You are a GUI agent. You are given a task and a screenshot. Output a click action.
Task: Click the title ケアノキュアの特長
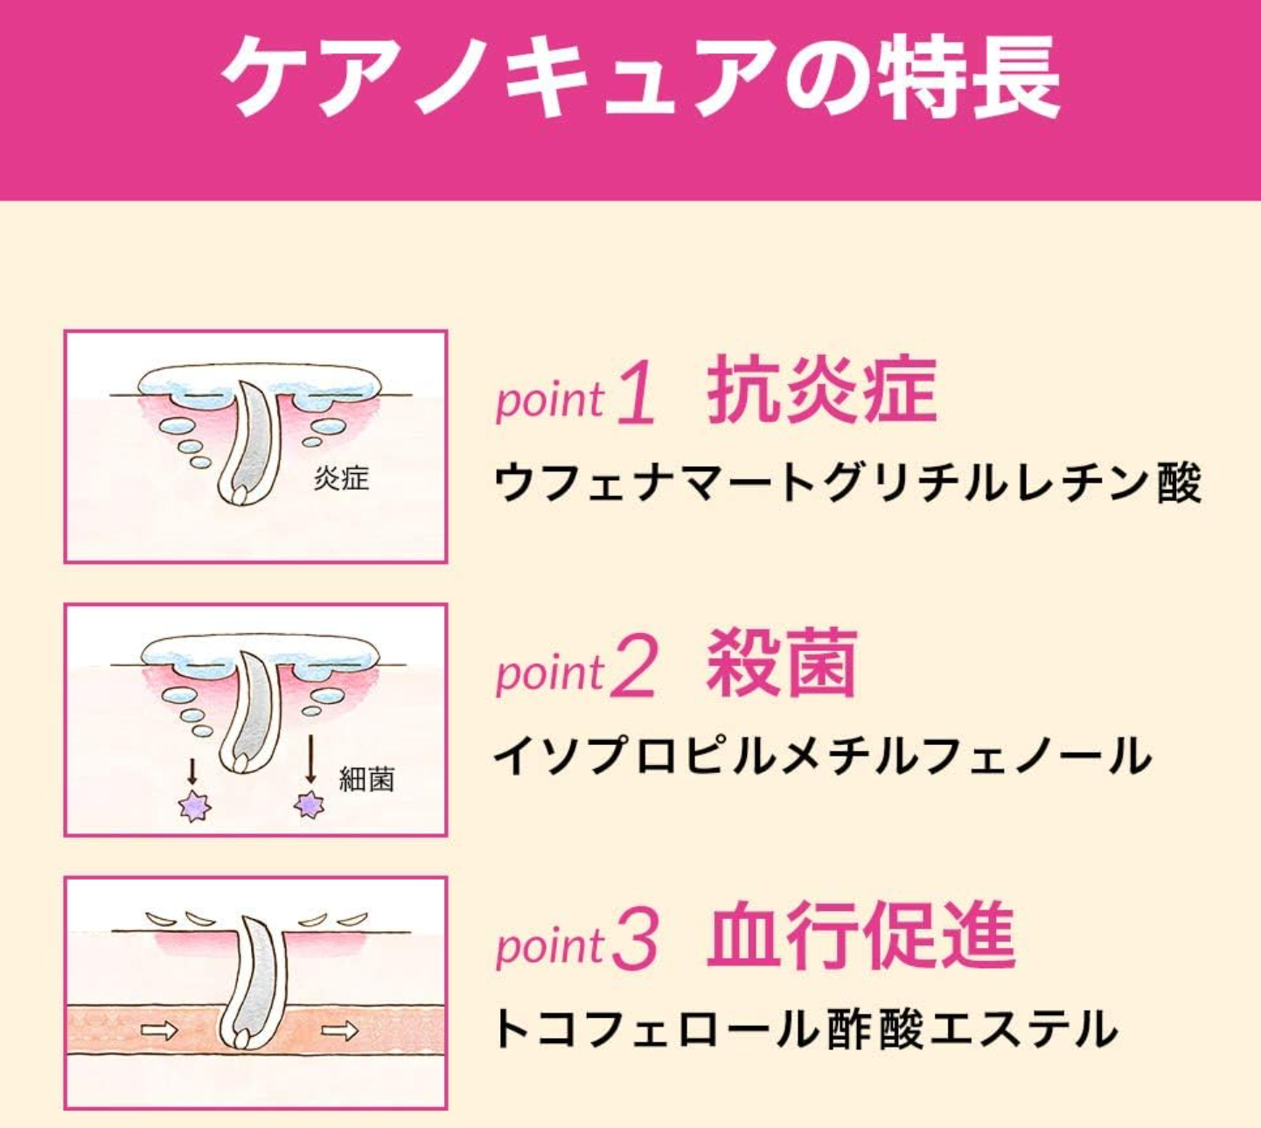tap(640, 77)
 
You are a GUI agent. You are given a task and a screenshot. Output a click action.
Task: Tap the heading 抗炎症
tap(822, 390)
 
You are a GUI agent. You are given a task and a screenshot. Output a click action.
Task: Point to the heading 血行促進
tap(860, 937)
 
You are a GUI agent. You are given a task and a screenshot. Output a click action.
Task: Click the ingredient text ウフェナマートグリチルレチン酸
tap(847, 483)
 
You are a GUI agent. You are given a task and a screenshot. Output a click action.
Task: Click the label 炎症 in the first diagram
tap(342, 478)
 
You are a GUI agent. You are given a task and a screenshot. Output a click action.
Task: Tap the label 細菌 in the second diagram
tap(366, 779)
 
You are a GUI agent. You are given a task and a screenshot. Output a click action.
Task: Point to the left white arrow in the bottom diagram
tap(160, 1031)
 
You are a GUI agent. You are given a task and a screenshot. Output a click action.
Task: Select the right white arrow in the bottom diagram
tap(339, 1031)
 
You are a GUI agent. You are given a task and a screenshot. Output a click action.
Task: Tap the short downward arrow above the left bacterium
tap(192, 771)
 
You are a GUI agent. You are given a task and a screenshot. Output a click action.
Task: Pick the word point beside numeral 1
tap(550, 400)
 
